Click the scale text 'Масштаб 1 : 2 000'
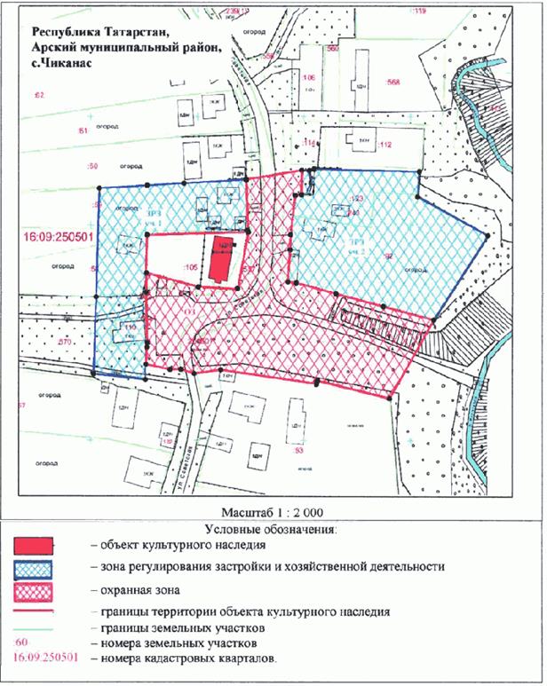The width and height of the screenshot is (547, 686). [x=273, y=514]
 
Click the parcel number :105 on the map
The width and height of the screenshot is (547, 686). [x=188, y=266]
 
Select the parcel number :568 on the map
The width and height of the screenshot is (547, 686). [x=392, y=82]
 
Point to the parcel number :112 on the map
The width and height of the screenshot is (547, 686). [x=385, y=145]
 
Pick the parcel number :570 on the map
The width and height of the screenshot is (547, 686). [x=63, y=342]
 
